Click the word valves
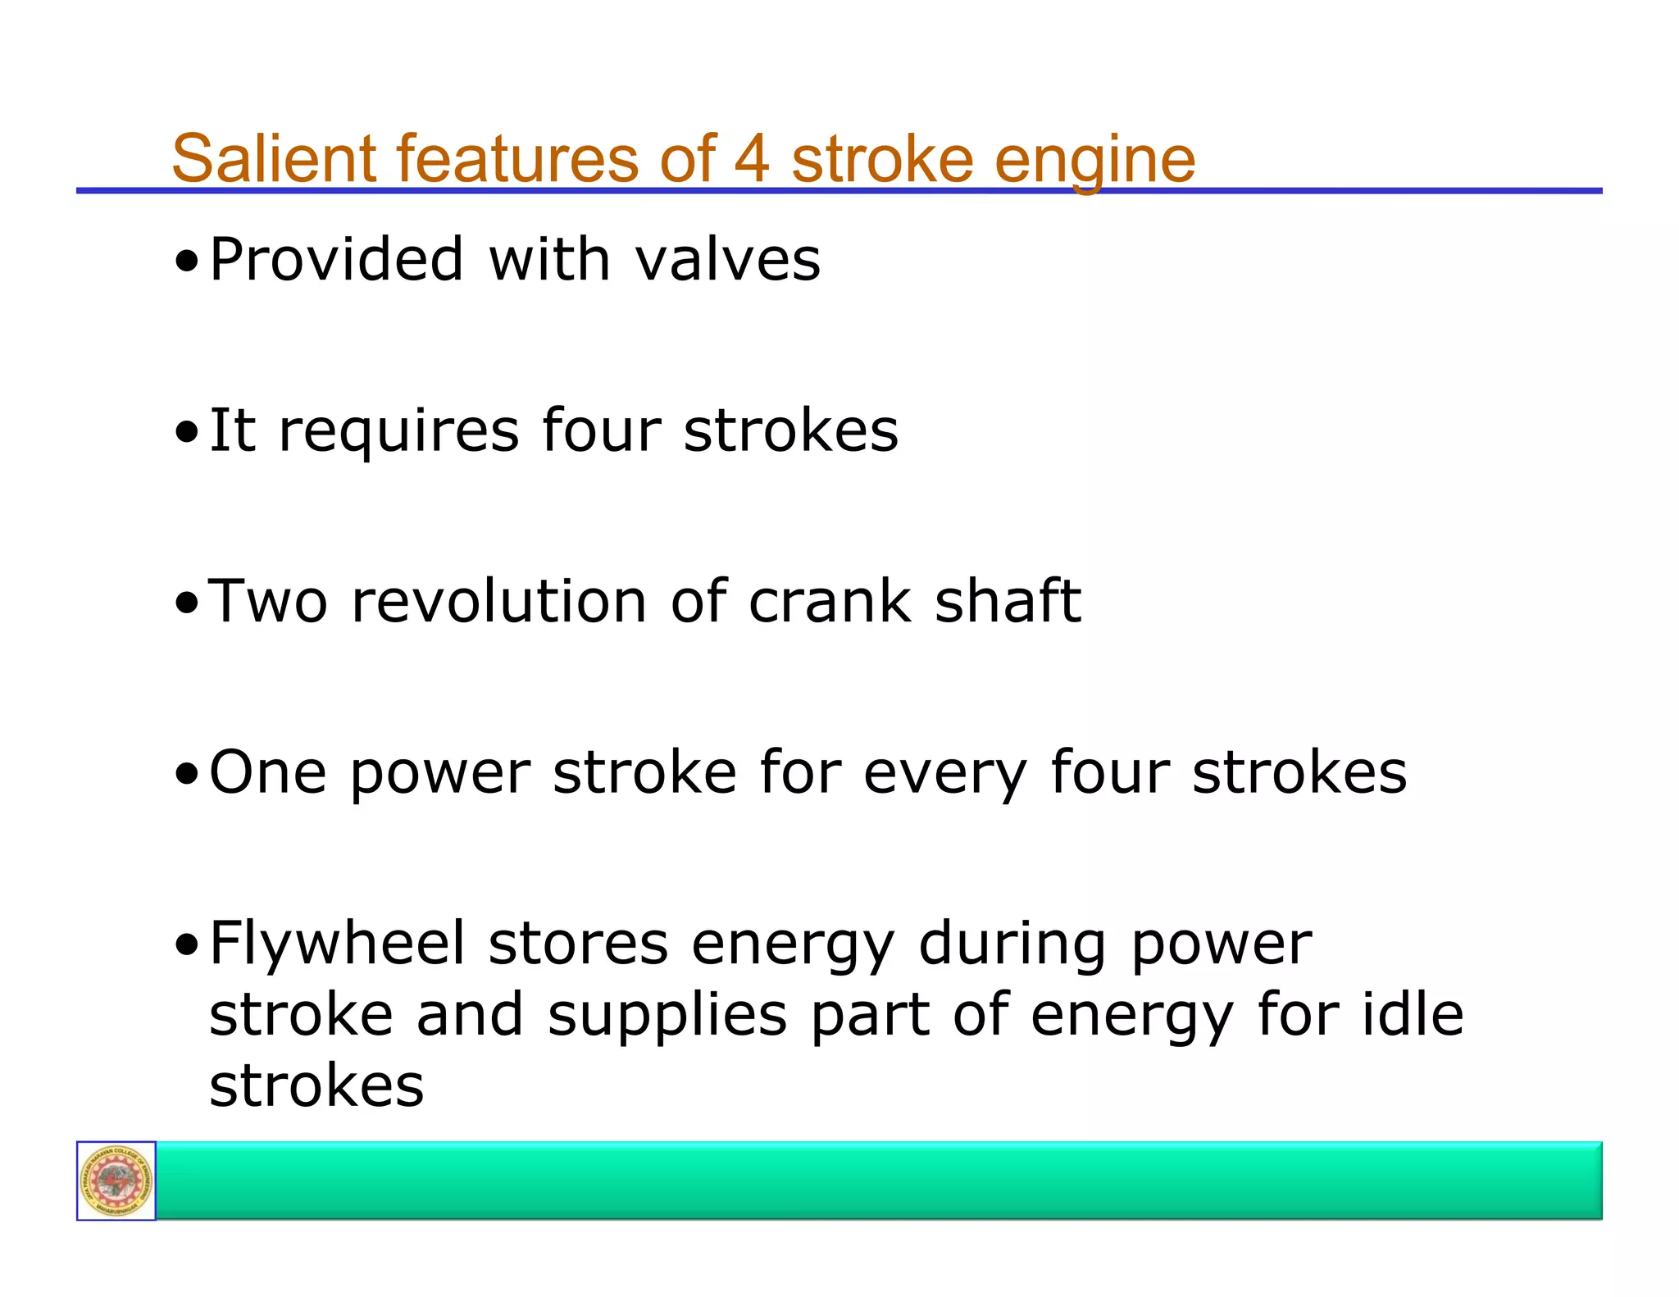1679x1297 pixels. click(x=727, y=260)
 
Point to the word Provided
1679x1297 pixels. click(x=337, y=260)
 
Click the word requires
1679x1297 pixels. click(x=398, y=432)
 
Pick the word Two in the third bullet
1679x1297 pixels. click(x=268, y=601)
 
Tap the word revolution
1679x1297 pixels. click(x=498, y=601)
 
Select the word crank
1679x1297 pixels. click(x=830, y=601)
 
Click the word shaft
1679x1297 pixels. click(x=1008, y=601)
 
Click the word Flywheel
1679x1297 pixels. click(x=337, y=944)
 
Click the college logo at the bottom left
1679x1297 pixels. click(x=116, y=1181)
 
